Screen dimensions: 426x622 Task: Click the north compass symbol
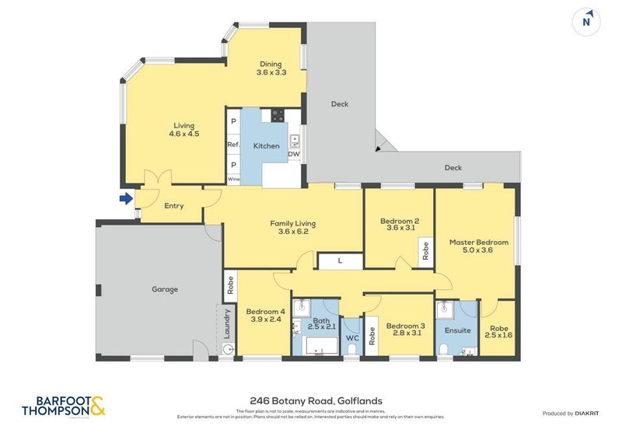(x=588, y=21)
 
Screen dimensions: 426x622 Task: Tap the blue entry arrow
(x=126, y=199)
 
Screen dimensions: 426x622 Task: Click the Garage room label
(x=165, y=289)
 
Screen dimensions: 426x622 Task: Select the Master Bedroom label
(x=479, y=243)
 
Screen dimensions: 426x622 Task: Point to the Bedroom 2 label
(x=400, y=222)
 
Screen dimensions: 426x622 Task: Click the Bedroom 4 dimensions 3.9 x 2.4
(x=266, y=319)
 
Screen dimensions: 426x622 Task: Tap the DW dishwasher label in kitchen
(x=294, y=154)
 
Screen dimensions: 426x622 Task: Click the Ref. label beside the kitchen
(x=233, y=145)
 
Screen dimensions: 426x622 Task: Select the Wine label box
(x=233, y=180)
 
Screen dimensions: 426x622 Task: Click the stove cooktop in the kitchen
(x=278, y=116)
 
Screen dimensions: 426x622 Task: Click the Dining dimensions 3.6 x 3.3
(x=271, y=73)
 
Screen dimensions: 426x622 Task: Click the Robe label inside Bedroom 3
(x=372, y=335)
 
